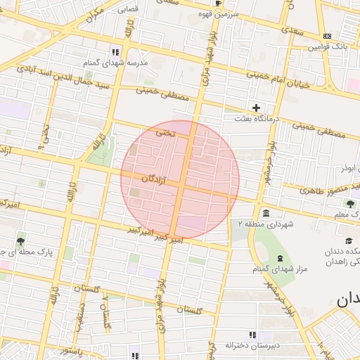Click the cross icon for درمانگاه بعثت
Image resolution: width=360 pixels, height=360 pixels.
[256, 108]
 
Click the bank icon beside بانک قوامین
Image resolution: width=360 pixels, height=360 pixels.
[327, 36]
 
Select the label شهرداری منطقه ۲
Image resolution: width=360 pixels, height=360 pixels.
[264, 224]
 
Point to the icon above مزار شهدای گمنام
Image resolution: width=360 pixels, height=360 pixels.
[280, 259]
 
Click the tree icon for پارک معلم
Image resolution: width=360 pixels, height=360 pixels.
[349, 204]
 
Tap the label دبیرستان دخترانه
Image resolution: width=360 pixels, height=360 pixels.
[252, 345]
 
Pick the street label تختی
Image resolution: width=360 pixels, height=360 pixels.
[164, 131]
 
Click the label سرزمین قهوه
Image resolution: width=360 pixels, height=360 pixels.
[219, 13]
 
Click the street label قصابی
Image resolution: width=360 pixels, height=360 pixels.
[127, 10]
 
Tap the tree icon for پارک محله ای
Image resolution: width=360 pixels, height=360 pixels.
[22, 240]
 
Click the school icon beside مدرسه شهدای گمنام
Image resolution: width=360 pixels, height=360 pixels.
[116, 52]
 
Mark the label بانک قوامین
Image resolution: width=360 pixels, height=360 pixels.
[327, 47]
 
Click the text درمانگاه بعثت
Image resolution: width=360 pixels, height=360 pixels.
[257, 119]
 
